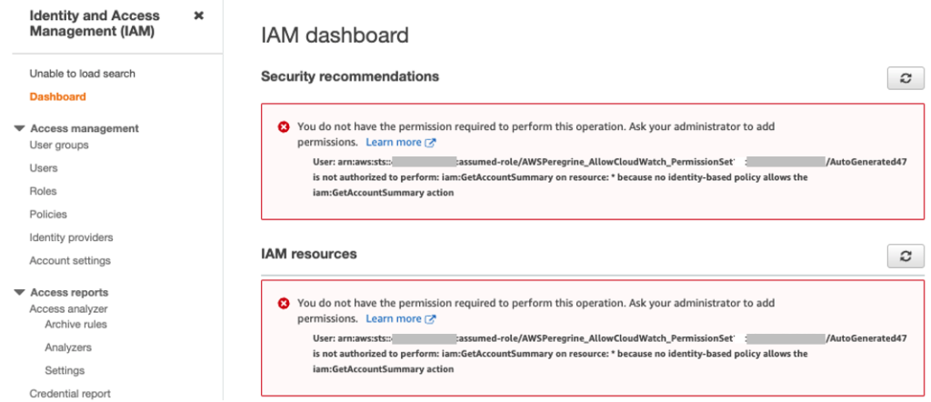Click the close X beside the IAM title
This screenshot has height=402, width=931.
(x=199, y=15)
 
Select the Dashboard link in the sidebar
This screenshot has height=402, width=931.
(x=57, y=96)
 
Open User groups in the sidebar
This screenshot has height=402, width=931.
(x=59, y=145)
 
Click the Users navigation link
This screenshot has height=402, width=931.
(x=44, y=168)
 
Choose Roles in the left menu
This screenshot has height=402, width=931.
(x=43, y=191)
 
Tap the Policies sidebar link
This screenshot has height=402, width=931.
(x=48, y=215)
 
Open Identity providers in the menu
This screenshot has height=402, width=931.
(x=71, y=237)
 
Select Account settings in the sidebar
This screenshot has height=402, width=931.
(x=70, y=261)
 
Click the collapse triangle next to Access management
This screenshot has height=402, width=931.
(x=20, y=128)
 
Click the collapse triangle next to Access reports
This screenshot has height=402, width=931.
(x=20, y=292)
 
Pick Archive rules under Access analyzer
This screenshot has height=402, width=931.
(x=75, y=324)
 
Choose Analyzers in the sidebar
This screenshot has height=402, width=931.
(x=68, y=347)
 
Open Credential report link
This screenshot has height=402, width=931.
(x=70, y=394)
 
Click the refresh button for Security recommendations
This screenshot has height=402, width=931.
(x=905, y=78)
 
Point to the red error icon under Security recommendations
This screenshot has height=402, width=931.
(x=284, y=127)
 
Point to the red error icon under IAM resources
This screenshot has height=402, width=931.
(x=284, y=304)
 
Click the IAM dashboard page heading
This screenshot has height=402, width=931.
(x=335, y=35)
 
